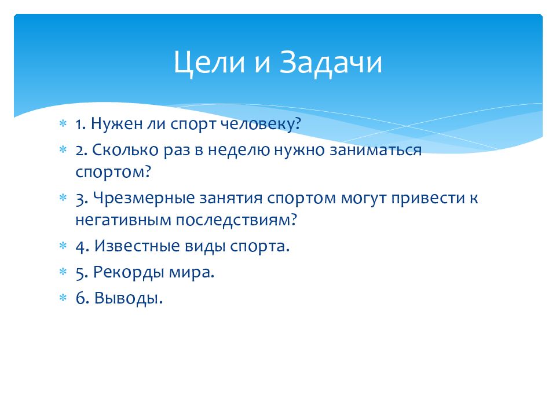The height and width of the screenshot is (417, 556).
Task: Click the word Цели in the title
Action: (x=208, y=63)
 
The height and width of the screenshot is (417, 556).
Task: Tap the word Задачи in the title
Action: (x=332, y=63)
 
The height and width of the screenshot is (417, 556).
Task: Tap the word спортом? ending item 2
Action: (x=112, y=171)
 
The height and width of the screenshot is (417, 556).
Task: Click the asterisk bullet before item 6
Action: (x=63, y=299)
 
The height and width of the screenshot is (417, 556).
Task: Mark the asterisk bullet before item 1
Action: (x=63, y=125)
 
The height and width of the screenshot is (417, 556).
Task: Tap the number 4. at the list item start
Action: (x=81, y=246)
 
